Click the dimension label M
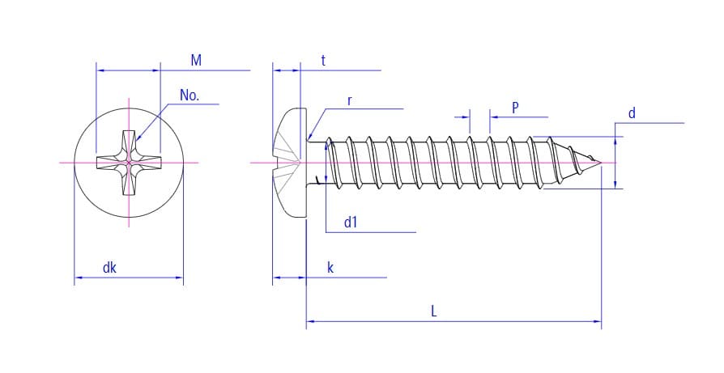[196, 61]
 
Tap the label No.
[190, 95]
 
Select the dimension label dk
[109, 268]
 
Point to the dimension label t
[323, 61]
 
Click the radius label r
[349, 100]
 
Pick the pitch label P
[515, 108]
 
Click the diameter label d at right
[632, 113]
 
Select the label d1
[351, 223]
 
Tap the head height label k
[330, 268]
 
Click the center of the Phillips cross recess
[129, 163]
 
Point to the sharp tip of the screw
[602, 163]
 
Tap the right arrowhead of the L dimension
[598, 322]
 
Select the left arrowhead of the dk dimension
[78, 278]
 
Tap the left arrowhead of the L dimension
[309, 322]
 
